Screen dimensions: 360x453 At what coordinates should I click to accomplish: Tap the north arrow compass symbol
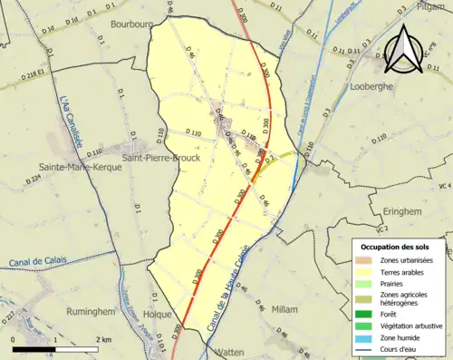(x=403, y=50)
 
